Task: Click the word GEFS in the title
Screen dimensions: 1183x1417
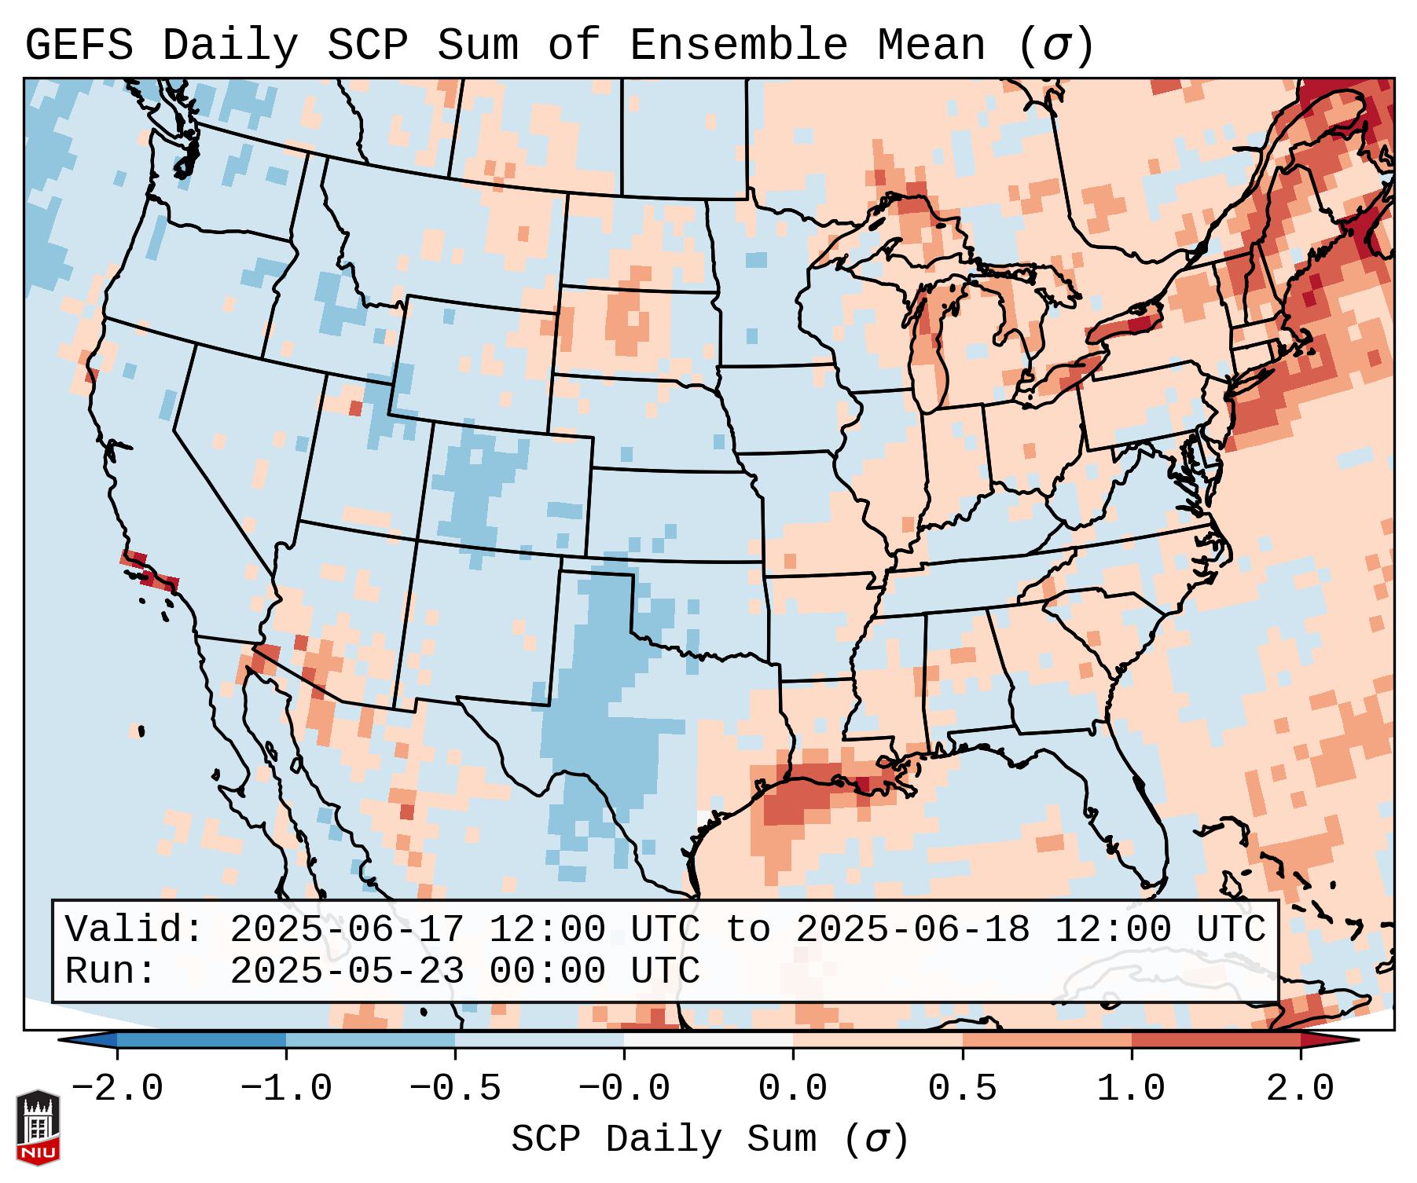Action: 79,46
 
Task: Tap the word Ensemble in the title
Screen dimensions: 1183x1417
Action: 738,46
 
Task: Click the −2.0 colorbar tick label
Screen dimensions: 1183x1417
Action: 117,1089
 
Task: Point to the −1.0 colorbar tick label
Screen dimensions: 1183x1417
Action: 286,1089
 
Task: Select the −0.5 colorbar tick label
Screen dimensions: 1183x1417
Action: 455,1089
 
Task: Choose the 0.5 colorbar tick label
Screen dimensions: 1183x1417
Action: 963,1089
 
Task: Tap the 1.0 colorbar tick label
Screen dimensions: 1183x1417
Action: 1132,1089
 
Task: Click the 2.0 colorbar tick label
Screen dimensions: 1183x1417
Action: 1301,1089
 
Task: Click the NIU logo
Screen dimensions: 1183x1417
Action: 38,1128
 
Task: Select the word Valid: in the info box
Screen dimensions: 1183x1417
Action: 134,930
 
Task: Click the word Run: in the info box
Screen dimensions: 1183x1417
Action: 111,972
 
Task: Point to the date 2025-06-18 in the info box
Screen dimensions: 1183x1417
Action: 912,930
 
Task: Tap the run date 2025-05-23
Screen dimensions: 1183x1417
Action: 347,972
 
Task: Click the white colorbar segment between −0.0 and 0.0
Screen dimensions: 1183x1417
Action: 708,1040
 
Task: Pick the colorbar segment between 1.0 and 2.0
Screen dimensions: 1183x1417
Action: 1216,1040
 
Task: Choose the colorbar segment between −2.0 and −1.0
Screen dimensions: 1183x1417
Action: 201,1040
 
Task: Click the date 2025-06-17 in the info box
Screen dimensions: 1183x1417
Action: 347,930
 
